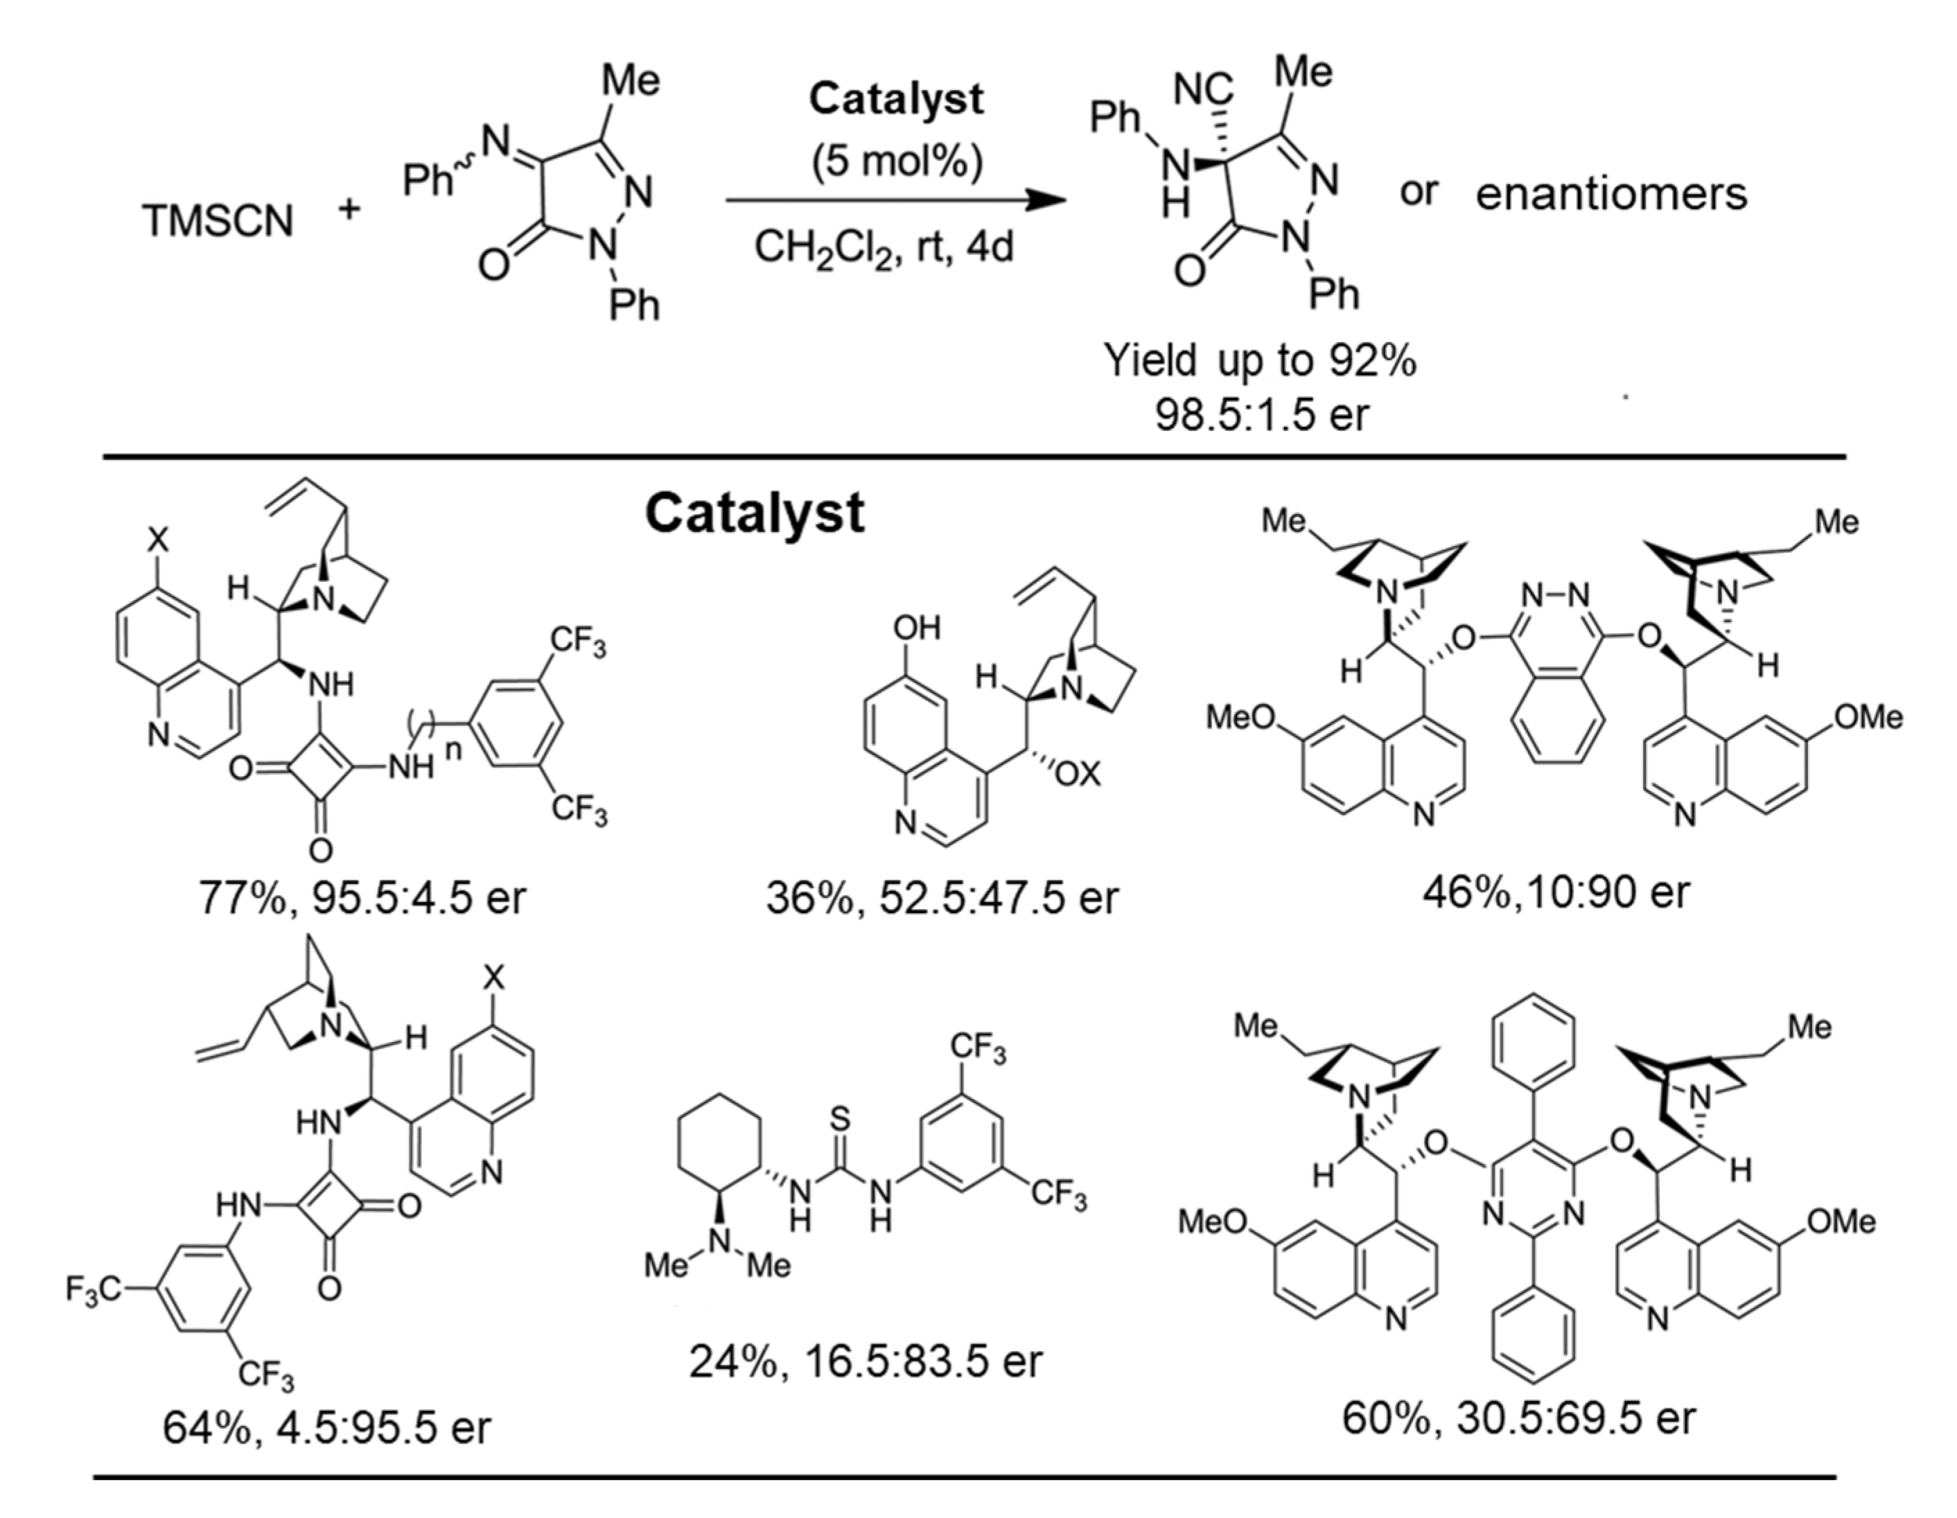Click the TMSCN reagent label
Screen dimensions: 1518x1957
(x=218, y=220)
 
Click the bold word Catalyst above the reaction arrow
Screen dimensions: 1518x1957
(x=895, y=98)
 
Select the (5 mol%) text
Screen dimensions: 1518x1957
(x=897, y=161)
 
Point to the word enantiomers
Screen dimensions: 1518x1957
(x=1611, y=193)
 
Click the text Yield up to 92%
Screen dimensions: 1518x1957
(x=1260, y=360)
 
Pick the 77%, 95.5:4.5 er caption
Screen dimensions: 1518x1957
(x=363, y=898)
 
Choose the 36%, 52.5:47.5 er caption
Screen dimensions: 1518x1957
(x=942, y=898)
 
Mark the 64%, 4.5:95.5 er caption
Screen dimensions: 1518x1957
(x=327, y=1427)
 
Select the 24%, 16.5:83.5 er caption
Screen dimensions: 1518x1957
(x=866, y=1361)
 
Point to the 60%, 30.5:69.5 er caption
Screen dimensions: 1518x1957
(x=1519, y=1418)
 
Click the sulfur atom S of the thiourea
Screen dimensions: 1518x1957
(x=840, y=1118)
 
